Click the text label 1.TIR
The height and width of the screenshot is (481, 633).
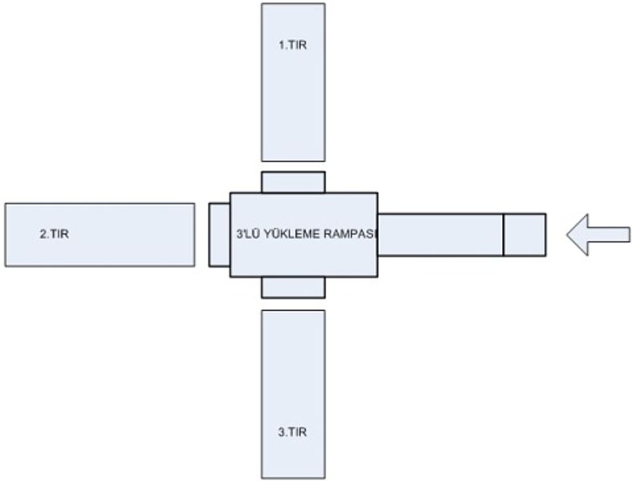coord(292,46)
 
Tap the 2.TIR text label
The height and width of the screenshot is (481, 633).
coord(54,235)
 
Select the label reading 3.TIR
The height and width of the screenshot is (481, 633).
coord(292,432)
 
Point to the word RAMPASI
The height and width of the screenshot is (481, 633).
coord(350,234)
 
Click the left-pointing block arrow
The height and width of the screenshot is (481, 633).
coord(598,234)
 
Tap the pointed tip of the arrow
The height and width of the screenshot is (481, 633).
coord(569,234)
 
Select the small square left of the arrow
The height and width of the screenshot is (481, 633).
coord(525,235)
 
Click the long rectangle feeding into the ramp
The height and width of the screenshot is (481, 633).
coord(440,235)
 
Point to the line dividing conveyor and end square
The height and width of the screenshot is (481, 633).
coord(503,235)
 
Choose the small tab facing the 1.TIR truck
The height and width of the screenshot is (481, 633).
coord(293,182)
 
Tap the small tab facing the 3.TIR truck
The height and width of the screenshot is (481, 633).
coord(293,288)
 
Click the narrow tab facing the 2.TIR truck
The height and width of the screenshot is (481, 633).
coord(219,234)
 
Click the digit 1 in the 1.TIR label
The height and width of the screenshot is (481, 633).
coord(281,46)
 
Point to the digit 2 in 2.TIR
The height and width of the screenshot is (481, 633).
coord(43,235)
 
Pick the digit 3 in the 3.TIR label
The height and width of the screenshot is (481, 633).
coord(281,432)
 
